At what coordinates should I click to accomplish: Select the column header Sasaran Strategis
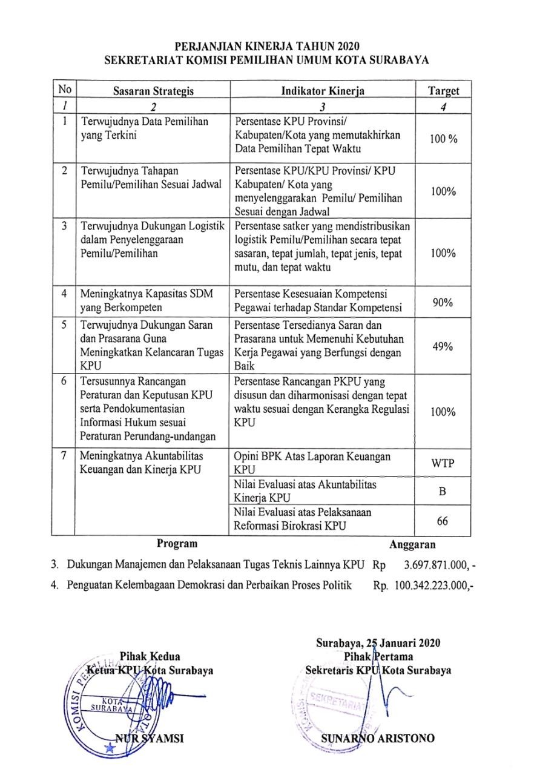tap(154, 91)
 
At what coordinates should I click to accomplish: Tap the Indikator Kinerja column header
tap(323, 91)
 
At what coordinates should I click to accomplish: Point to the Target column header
tap(444, 91)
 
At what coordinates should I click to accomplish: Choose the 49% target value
tap(443, 348)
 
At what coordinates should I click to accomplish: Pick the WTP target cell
tap(443, 464)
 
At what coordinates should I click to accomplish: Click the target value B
tap(443, 492)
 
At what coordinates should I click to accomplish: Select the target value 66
tap(443, 521)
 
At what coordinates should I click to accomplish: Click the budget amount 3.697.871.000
tap(434, 566)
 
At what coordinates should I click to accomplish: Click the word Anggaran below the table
tap(412, 544)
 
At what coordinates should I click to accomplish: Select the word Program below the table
tap(177, 544)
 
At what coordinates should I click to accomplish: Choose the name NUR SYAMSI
tap(150, 739)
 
